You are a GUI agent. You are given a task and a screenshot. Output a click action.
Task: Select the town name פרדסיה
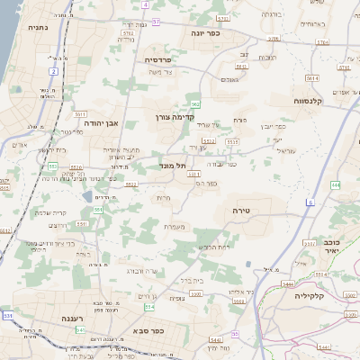tap(164, 59)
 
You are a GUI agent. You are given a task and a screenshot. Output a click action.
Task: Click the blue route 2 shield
tap(54, 70)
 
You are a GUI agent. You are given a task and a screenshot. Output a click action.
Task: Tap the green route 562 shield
tap(194, 104)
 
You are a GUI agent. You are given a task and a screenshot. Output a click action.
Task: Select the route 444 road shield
tap(336, 184)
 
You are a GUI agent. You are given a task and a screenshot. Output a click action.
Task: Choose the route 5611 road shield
tap(81, 114)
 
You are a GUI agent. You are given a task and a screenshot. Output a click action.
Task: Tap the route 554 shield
tap(97, 209)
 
